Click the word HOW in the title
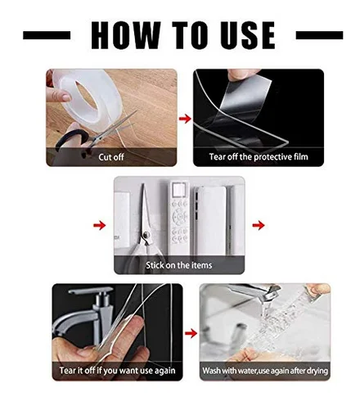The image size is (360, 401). [126, 35]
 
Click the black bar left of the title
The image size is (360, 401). [47, 35]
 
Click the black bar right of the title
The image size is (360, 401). [319, 35]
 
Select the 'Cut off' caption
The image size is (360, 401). [111, 157]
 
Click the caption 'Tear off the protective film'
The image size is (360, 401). [259, 157]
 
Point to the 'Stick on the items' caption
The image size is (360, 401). [179, 265]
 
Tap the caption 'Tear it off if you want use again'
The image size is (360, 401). [117, 371]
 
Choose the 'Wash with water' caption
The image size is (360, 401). [265, 371]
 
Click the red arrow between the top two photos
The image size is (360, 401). [185, 119]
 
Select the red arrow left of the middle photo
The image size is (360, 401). [100, 225]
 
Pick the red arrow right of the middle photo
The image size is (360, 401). [259, 225]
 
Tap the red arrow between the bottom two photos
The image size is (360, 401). [191, 333]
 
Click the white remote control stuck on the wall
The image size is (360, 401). [179, 219]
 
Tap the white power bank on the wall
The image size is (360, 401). [210, 221]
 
